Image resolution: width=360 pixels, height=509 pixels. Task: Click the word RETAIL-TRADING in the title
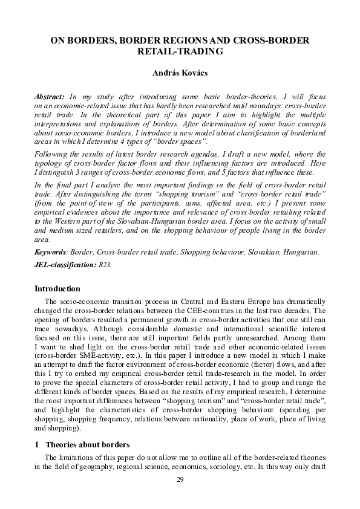coord(180,52)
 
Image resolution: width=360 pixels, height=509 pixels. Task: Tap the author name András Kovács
coord(180,73)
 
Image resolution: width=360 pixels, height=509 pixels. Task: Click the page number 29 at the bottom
coord(180,480)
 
